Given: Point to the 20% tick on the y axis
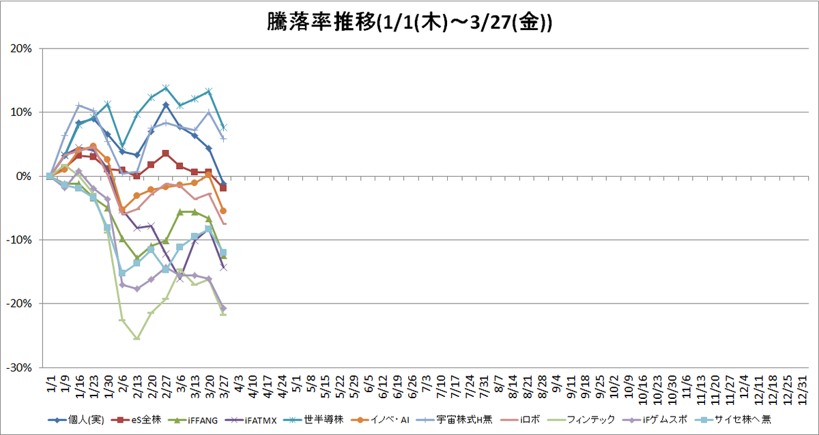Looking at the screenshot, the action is [x=21, y=48].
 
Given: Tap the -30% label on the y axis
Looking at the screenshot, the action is [x=19, y=367].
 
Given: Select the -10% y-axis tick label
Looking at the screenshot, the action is [x=19, y=240].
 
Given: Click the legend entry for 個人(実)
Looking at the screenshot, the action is [x=76, y=420].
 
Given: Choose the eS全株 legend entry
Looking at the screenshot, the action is [x=136, y=420].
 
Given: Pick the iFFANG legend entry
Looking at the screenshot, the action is [x=192, y=420].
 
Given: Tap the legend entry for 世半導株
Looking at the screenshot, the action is [x=313, y=420].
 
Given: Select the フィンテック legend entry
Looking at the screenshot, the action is [x=581, y=420].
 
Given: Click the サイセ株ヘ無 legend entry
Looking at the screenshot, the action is [x=733, y=420].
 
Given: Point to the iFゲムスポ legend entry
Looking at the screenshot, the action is [x=655, y=420].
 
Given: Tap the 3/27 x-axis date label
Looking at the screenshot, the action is [x=225, y=387].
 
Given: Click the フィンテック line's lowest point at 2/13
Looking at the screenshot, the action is [x=136, y=338].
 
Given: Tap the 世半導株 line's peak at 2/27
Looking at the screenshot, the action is [x=166, y=88].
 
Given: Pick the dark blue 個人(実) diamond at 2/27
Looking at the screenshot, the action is [x=166, y=105].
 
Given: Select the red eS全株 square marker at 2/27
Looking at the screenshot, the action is [x=166, y=153].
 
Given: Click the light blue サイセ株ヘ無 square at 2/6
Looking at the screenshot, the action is [x=122, y=273].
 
